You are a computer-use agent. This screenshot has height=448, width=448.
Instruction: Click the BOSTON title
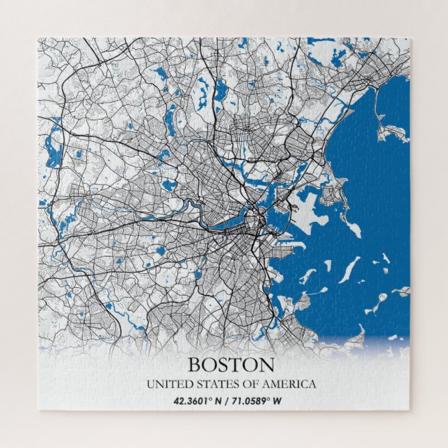tap(231, 365)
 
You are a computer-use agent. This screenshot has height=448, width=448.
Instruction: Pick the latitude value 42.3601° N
tap(198, 401)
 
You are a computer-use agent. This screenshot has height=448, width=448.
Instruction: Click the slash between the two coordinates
tap(227, 401)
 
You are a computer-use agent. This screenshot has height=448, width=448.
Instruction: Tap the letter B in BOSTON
tap(195, 365)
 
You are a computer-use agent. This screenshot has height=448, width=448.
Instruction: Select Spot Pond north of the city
tap(221, 90)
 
